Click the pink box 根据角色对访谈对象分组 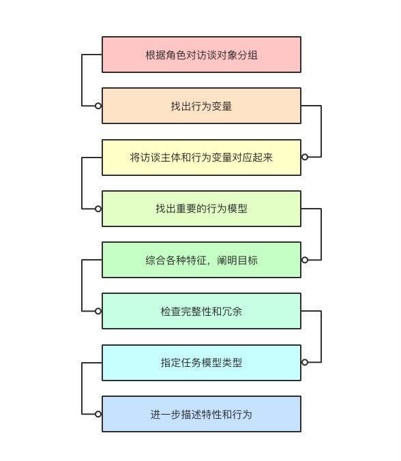[x=201, y=55]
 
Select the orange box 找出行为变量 [x=201, y=106]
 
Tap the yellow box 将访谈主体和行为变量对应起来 [x=201, y=158]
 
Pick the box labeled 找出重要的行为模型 [x=201, y=209]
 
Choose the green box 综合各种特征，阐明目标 [x=201, y=260]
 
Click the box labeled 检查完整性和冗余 [x=201, y=311]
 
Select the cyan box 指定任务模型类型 [x=201, y=363]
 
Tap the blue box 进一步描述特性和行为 [x=201, y=414]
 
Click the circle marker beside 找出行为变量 [x=98, y=106]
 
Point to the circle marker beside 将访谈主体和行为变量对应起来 [x=305, y=157]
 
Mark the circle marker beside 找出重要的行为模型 [x=98, y=209]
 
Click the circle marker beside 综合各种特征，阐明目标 [x=305, y=260]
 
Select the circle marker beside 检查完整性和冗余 [x=98, y=311]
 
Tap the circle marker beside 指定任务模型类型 [x=305, y=362]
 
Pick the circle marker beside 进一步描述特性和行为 [x=98, y=414]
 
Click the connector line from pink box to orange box [x=82, y=80]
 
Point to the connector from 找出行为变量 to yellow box [x=321, y=131]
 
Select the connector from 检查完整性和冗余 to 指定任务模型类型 [x=321, y=336]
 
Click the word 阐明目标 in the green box [x=237, y=261]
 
